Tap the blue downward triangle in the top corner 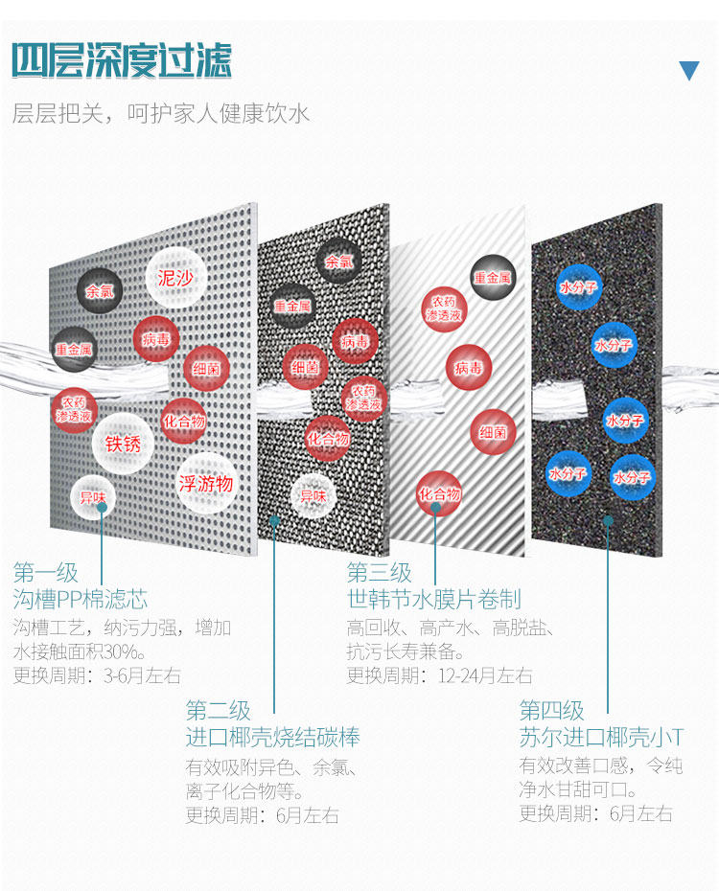689,70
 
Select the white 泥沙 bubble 175,278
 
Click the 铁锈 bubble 123,444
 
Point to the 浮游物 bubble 205,483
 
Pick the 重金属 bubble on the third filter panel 492,277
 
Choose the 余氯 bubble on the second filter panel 339,261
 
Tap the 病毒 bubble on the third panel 469,367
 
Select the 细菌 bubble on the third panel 493,432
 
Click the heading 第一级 45,573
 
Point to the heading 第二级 218,710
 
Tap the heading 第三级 379,573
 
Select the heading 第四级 551,710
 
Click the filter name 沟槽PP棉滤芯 81,600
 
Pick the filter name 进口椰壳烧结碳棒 272,737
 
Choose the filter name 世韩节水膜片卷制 433,600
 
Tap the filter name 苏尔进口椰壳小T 601,737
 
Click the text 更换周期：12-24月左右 439,674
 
